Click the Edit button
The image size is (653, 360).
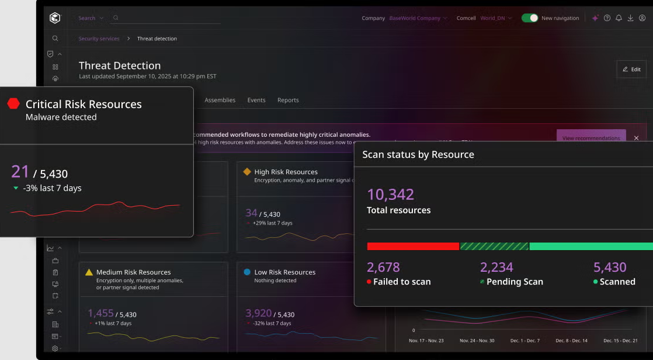click(631, 69)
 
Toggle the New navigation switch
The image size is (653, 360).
click(530, 18)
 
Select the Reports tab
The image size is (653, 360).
click(288, 100)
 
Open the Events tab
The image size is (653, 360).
click(256, 100)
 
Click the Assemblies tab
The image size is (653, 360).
click(220, 100)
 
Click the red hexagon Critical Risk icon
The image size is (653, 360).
click(13, 104)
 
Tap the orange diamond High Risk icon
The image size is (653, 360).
click(247, 172)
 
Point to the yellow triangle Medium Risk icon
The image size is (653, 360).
click(89, 272)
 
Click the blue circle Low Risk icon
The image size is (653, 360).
click(247, 272)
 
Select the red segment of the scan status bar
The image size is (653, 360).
click(413, 247)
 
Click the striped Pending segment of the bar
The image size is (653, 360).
click(494, 247)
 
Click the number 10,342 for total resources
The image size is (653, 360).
click(390, 195)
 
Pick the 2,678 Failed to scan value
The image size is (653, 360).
click(383, 268)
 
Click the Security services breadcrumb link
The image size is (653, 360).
click(99, 39)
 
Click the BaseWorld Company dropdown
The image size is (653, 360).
click(418, 18)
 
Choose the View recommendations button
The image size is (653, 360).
click(591, 138)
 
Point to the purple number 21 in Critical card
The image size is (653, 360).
click(20, 172)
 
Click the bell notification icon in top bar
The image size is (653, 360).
click(619, 18)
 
